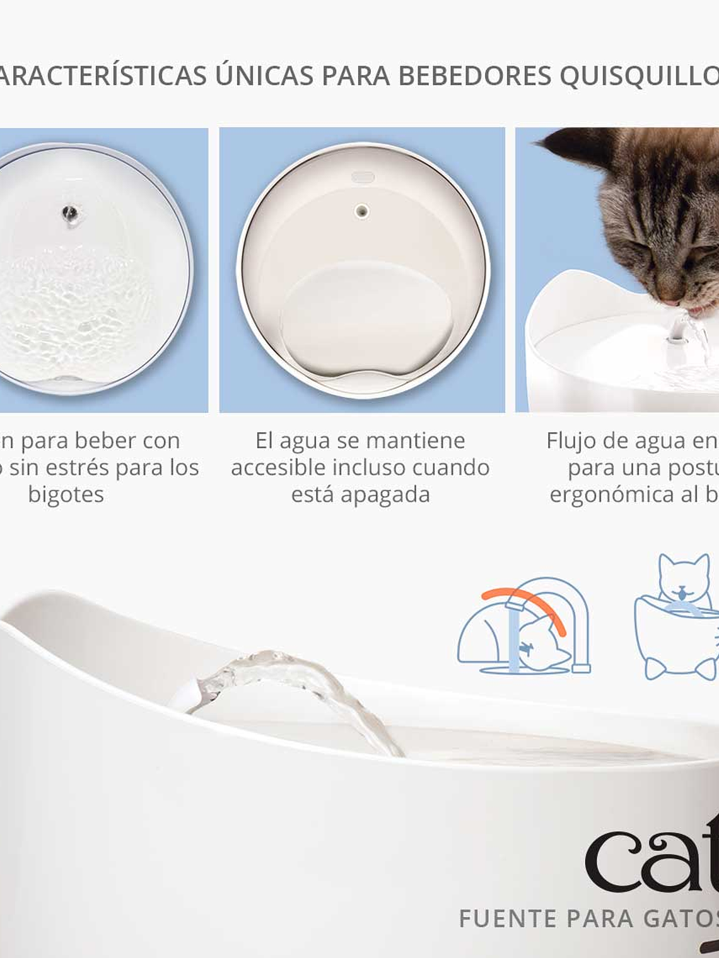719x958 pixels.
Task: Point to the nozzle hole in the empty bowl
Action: click(362, 211)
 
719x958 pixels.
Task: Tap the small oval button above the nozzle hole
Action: click(363, 178)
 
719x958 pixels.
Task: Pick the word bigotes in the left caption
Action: click(66, 495)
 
